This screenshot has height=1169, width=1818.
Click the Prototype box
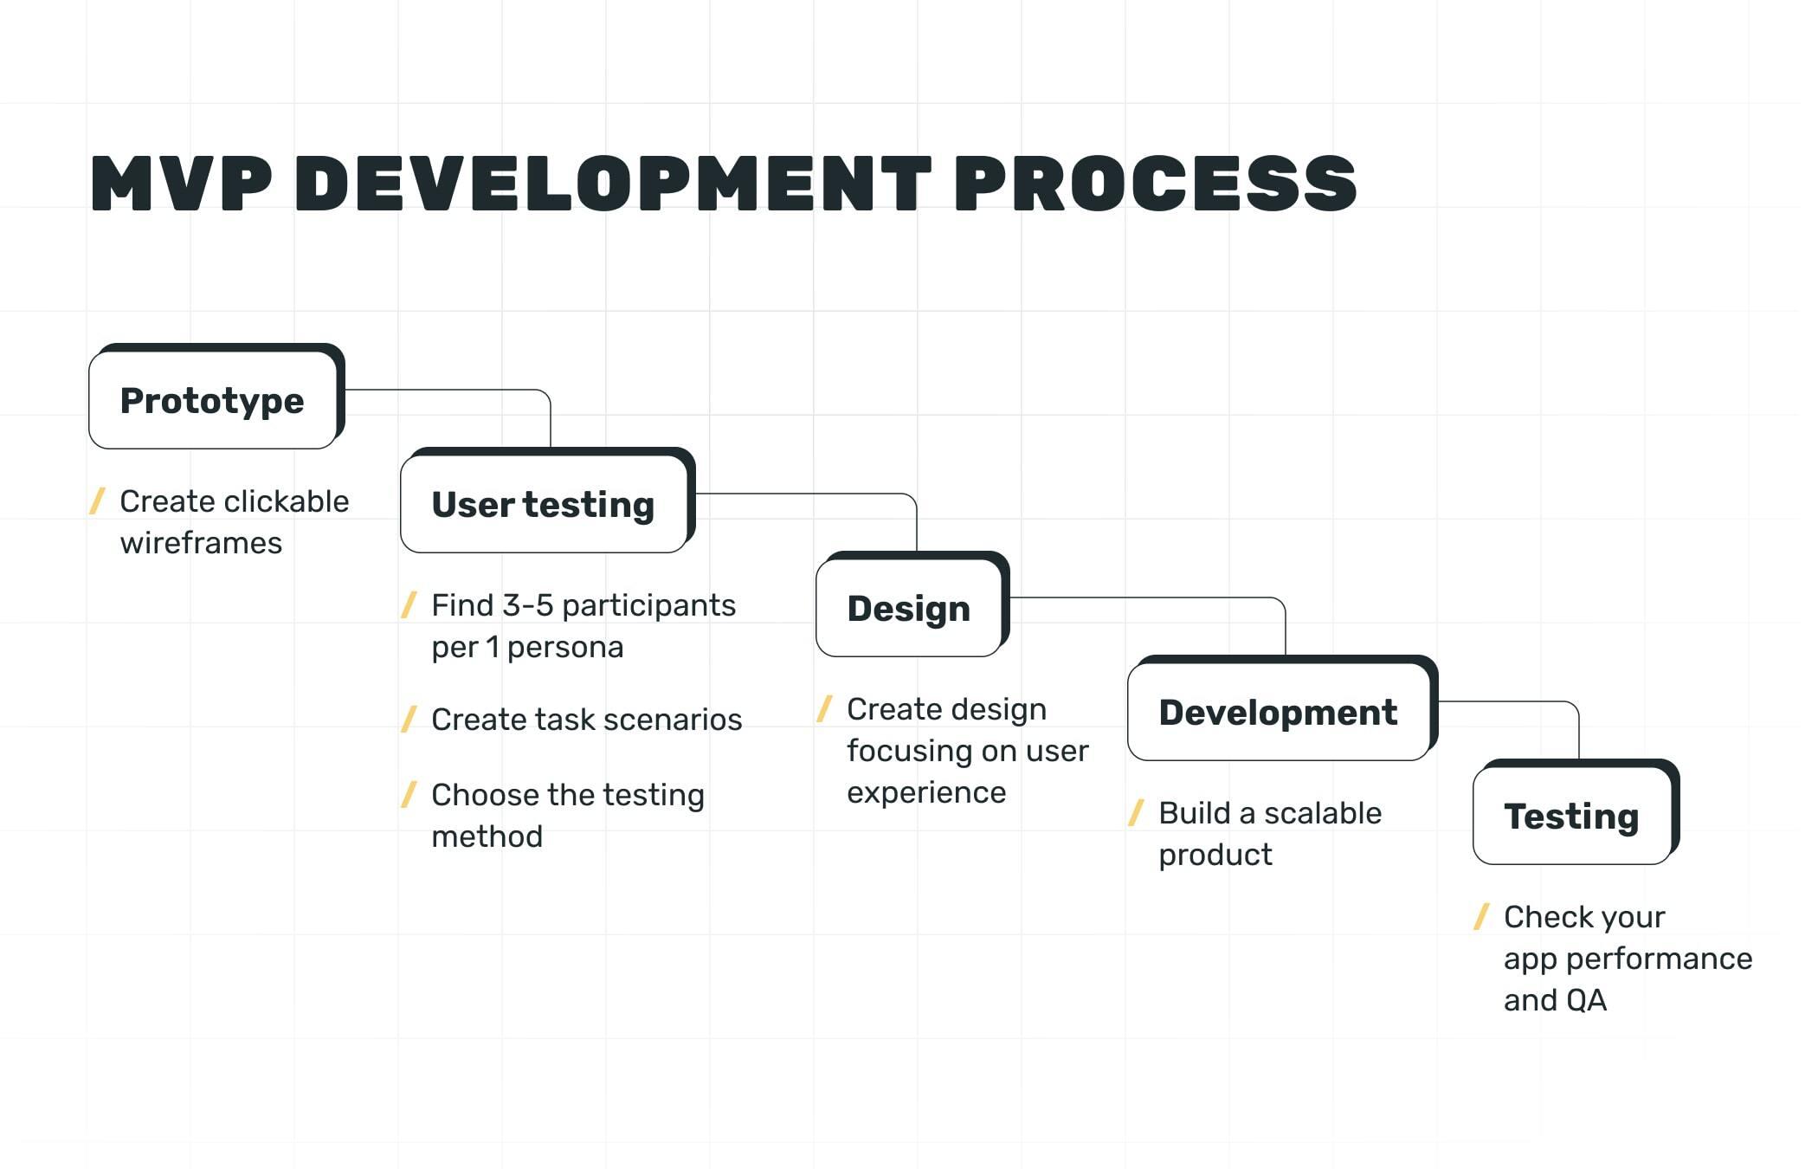pyautogui.click(x=212, y=401)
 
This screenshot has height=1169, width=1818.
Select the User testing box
pyautogui.click(x=543, y=505)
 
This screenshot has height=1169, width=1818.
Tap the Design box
pyautogui.click(x=908, y=609)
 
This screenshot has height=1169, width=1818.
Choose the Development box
pyautogui.click(x=1278, y=713)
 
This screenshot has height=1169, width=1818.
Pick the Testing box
pyautogui.click(x=1571, y=817)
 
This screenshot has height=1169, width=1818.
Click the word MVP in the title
pyautogui.click(x=181, y=184)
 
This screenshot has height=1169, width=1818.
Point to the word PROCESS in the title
pyautogui.click(x=1156, y=184)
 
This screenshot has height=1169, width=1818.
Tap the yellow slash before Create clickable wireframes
pyautogui.click(x=98, y=501)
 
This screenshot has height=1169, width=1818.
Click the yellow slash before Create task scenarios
pyautogui.click(x=409, y=719)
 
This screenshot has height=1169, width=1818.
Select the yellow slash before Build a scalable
pyautogui.click(x=1137, y=813)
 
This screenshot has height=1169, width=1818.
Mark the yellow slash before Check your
pyautogui.click(x=1481, y=916)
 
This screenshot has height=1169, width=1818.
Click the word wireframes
pyautogui.click(x=201, y=544)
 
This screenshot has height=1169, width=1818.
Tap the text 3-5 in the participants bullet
pyautogui.click(x=527, y=605)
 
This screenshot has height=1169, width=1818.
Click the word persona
pyautogui.click(x=564, y=648)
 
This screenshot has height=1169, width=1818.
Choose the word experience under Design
pyautogui.click(x=926, y=793)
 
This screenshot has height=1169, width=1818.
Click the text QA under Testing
pyautogui.click(x=1586, y=1001)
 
